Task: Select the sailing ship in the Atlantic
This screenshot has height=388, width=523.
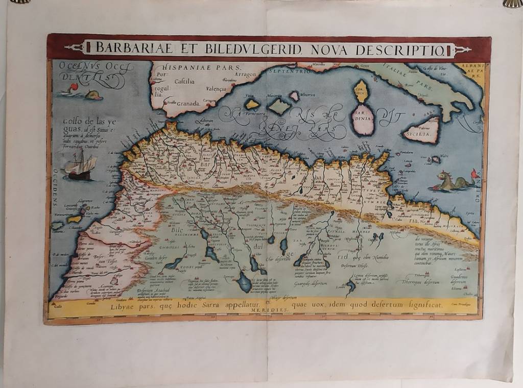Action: coord(78,166)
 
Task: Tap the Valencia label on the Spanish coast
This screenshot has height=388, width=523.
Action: coord(216,89)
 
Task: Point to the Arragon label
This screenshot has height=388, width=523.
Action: coord(245,75)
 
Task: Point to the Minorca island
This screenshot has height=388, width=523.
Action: coord(294,95)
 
